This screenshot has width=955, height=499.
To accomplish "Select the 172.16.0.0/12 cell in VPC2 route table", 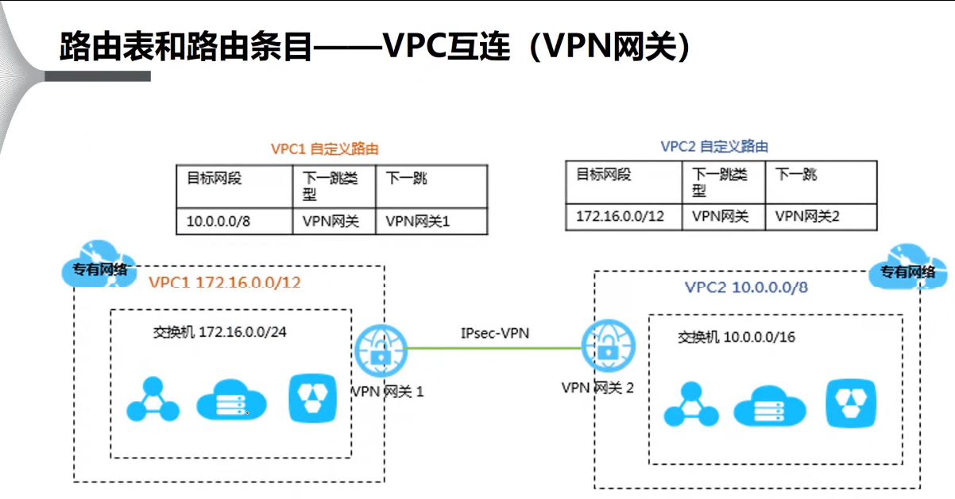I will pyautogui.click(x=610, y=216).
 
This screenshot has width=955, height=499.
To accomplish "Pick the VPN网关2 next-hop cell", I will pyautogui.click(x=807, y=216).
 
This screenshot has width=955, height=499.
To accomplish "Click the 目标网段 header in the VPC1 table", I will pyautogui.click(x=214, y=178).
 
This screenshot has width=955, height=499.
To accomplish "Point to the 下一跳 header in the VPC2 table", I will pyautogui.click(x=795, y=174).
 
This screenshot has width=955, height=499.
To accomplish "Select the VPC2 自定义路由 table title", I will pyautogui.click(x=714, y=147).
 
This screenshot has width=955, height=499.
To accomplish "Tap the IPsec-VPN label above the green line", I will pyautogui.click(x=494, y=333).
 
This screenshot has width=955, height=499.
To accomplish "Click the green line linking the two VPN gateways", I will pyautogui.click(x=493, y=348).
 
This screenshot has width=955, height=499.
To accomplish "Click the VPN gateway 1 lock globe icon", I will pyautogui.click(x=380, y=350).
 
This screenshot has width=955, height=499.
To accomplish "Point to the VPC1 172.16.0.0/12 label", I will pyautogui.click(x=224, y=282).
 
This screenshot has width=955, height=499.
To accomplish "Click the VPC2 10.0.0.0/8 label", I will pyautogui.click(x=746, y=287).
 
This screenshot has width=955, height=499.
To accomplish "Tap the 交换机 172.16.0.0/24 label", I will pyautogui.click(x=219, y=331).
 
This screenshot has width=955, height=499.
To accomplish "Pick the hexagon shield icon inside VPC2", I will pyautogui.click(x=851, y=404).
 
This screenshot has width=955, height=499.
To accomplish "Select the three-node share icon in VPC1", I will pyautogui.click(x=153, y=400).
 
